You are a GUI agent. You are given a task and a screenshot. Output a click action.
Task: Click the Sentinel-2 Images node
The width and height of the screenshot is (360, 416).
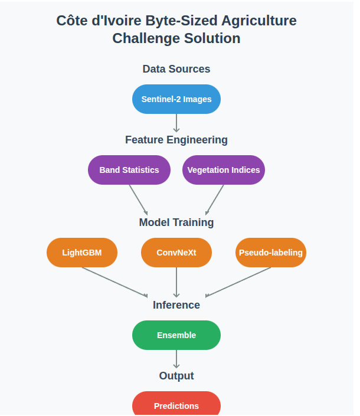point(176,99)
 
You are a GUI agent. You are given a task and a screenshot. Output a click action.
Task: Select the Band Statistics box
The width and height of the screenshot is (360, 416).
point(129,170)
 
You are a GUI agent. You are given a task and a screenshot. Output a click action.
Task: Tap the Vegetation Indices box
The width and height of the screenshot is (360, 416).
point(223,170)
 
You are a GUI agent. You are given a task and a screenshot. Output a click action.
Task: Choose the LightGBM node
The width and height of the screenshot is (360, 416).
point(81,253)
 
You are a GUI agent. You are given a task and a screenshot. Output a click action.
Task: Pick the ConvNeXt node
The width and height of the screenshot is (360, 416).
point(176,253)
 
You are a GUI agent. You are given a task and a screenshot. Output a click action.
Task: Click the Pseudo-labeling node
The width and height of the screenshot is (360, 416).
point(270,253)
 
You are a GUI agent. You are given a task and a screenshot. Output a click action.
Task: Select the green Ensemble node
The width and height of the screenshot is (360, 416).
point(176,335)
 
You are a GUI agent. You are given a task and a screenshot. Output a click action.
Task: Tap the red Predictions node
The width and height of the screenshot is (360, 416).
point(176,405)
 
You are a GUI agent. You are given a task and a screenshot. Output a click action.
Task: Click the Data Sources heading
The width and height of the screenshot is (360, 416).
point(176,69)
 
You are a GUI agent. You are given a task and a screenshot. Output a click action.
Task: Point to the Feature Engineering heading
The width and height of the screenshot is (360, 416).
point(176,140)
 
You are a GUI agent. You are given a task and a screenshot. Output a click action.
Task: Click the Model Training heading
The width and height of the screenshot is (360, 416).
point(176,222)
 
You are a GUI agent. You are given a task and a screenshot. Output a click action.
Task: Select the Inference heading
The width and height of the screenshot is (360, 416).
point(176,305)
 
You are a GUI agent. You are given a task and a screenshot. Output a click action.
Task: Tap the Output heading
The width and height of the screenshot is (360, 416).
point(176,376)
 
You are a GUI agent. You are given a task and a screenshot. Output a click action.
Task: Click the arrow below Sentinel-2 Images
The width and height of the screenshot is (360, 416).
point(176,122)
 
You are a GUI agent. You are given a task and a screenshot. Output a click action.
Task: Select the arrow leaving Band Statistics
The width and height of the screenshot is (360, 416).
point(138,199)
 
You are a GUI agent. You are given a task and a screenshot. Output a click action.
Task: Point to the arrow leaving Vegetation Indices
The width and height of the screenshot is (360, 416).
point(214,199)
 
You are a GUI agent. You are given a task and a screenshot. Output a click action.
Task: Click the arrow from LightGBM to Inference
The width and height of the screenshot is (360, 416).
point(115,282)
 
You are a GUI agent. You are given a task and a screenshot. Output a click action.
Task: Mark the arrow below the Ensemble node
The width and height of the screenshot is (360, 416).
point(176,359)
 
